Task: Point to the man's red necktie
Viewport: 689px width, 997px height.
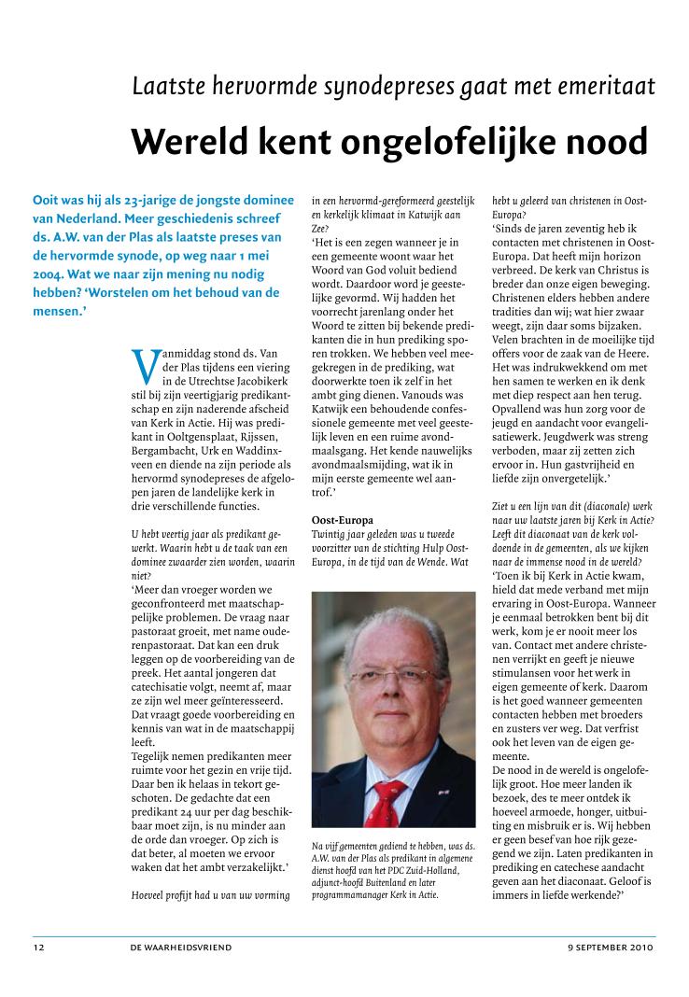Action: pyautogui.click(x=385, y=799)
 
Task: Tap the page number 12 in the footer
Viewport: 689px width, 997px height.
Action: pyautogui.click(x=38, y=948)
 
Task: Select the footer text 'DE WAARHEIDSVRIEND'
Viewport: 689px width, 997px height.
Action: pyautogui.click(x=181, y=948)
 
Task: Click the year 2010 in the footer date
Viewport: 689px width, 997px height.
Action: pyautogui.click(x=642, y=948)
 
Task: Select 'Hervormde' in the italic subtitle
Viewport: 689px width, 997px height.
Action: pyautogui.click(x=233, y=87)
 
